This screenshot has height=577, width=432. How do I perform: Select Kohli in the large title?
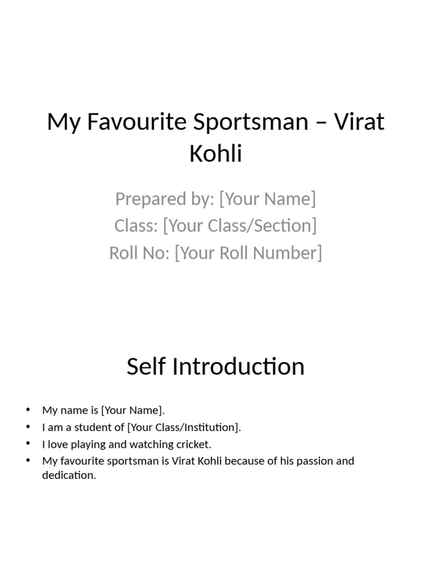point(216,153)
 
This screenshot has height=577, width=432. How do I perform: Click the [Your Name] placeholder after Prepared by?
point(267,199)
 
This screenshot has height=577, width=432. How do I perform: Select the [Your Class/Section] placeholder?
point(240,226)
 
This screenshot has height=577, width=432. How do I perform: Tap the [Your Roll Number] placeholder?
point(249,253)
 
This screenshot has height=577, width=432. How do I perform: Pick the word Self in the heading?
point(146,367)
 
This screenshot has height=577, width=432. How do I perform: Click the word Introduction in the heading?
point(238,367)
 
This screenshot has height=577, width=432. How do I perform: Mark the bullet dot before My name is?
point(28,410)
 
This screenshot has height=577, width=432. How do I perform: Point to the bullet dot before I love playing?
point(28,443)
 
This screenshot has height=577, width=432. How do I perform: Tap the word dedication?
point(69,475)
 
